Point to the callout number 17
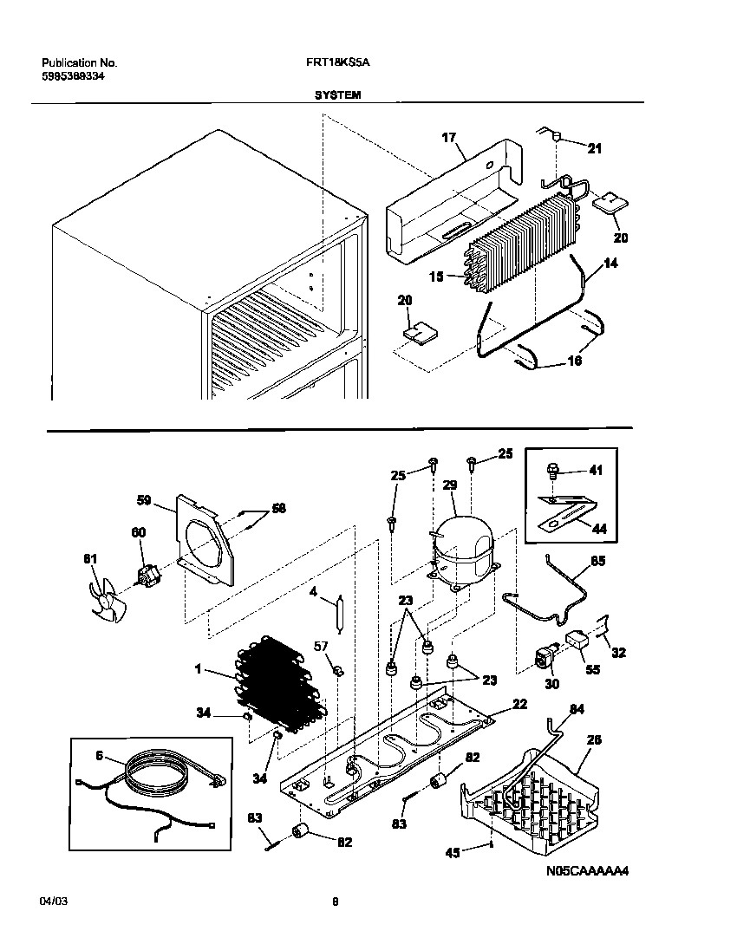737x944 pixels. pyautogui.click(x=448, y=138)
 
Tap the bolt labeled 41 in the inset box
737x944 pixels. pyautogui.click(x=551, y=472)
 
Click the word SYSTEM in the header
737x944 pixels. pyautogui.click(x=337, y=96)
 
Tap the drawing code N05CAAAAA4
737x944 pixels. pyautogui.click(x=587, y=871)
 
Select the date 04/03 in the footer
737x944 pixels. pyautogui.click(x=53, y=902)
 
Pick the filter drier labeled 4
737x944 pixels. pyautogui.click(x=341, y=614)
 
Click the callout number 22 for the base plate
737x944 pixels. pyautogui.click(x=519, y=705)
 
